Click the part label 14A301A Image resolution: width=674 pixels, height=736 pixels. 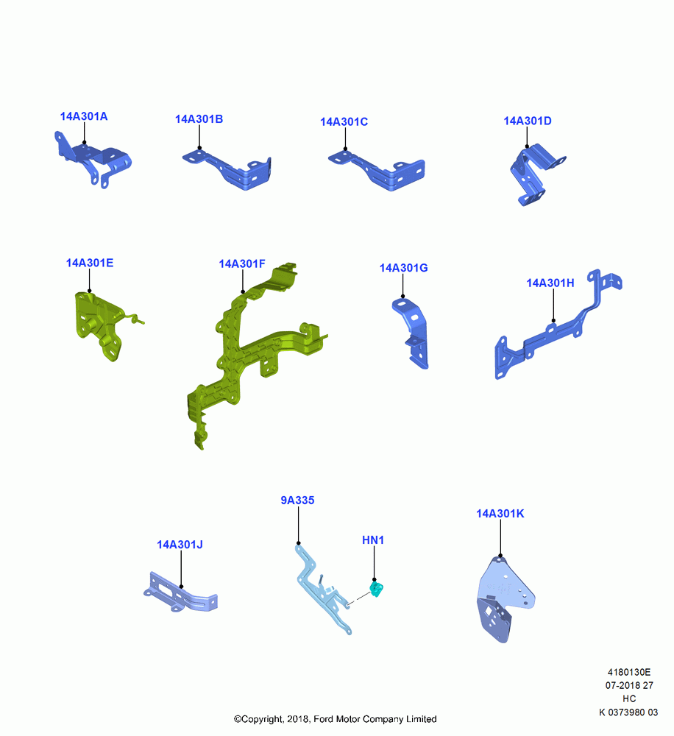pyautogui.click(x=84, y=116)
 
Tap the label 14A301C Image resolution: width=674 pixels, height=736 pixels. pyautogui.click(x=344, y=122)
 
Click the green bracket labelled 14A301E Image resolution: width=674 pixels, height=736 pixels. pyautogui.click(x=101, y=324)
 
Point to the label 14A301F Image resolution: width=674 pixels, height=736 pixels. pyautogui.click(x=242, y=263)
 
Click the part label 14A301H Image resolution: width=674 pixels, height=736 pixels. pyautogui.click(x=550, y=283)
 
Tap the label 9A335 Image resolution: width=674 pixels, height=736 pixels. pyautogui.click(x=297, y=500)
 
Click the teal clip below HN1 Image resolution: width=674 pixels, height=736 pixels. pyautogui.click(x=377, y=589)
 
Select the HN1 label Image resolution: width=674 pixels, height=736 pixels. pyautogui.click(x=372, y=540)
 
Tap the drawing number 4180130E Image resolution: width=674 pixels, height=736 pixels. pyautogui.click(x=629, y=672)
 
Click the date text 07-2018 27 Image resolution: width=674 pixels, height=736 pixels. pyautogui.click(x=629, y=685)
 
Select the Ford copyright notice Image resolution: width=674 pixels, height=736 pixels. pyautogui.click(x=335, y=719)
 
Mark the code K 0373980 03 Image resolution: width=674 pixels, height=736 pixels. pyautogui.click(x=628, y=712)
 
